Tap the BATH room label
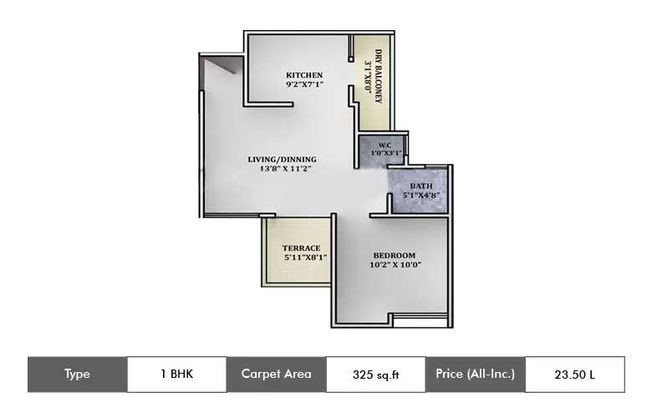click(x=421, y=186)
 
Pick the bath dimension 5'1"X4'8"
click(x=421, y=196)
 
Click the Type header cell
click(x=77, y=375)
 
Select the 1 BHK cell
click(x=176, y=375)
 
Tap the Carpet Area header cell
click(x=276, y=375)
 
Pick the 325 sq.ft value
click(x=375, y=375)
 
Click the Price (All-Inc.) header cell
click(x=475, y=375)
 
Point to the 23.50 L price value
click(x=574, y=375)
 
